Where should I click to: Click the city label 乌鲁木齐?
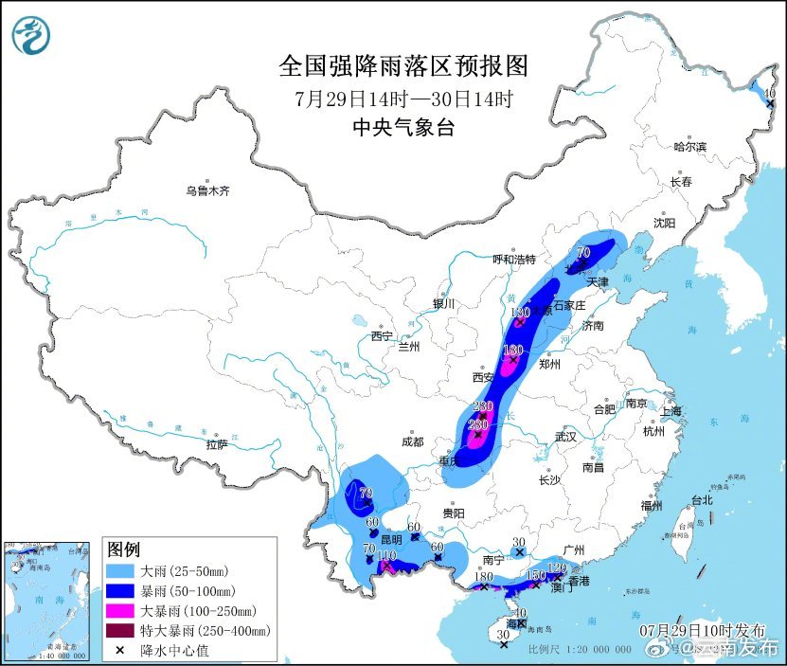206,190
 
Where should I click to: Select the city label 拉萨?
217,444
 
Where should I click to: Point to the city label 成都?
412,441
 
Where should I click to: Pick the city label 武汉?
566,438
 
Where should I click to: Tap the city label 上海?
671,411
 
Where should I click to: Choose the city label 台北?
701,499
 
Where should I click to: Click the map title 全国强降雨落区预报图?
402,66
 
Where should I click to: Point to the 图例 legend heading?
123,549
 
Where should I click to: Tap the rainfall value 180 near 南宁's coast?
483,576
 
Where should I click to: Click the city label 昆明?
390,538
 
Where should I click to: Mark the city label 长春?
680,181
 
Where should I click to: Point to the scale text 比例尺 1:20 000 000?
579,649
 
